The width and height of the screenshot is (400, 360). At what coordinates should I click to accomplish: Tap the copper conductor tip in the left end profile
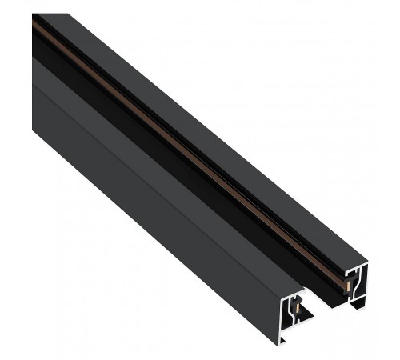point(298,308)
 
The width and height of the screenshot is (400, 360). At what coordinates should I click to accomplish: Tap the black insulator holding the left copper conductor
point(294,309)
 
